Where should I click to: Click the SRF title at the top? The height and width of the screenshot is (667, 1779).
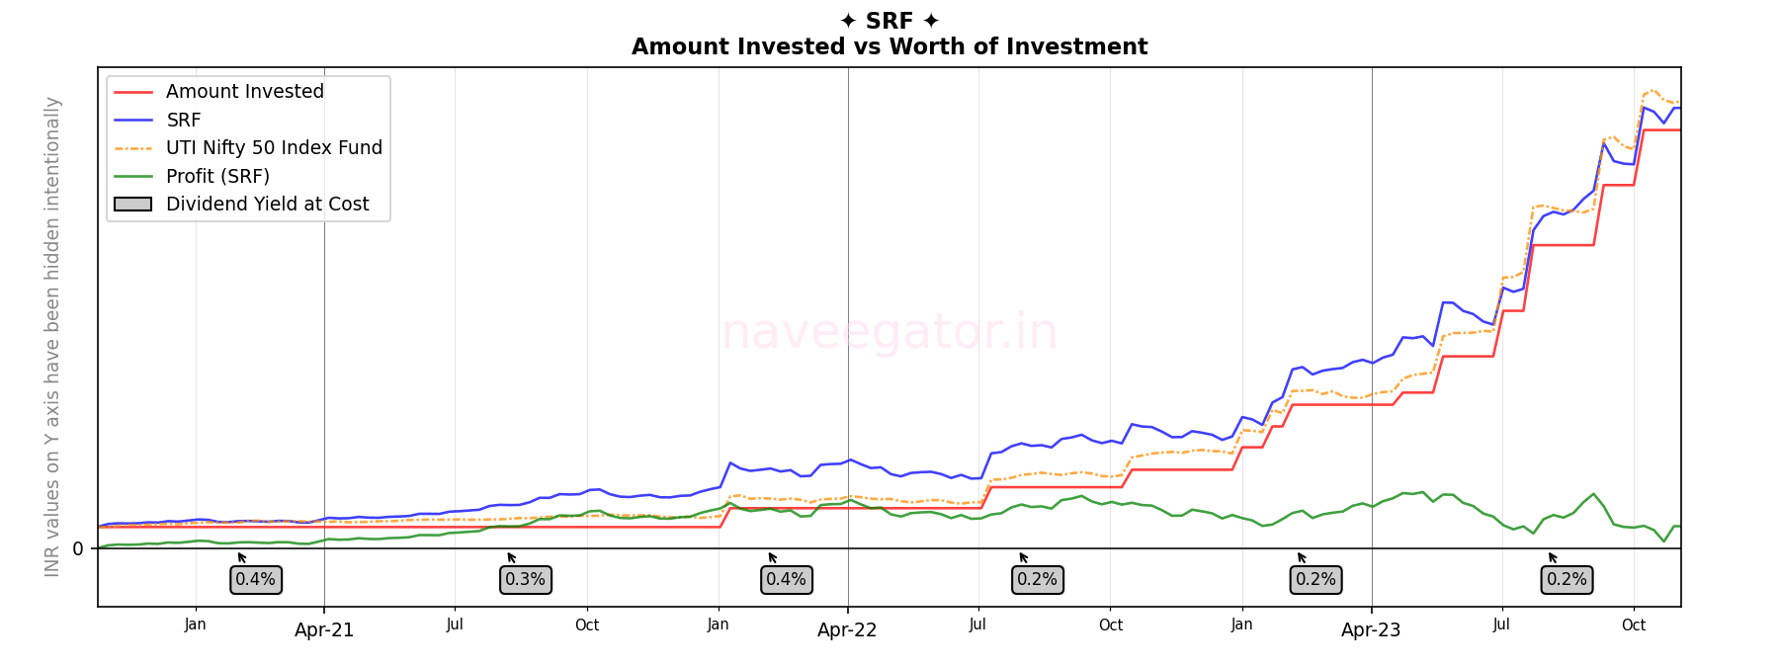click(889, 21)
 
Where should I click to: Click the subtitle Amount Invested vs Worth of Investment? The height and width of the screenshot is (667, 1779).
click(889, 46)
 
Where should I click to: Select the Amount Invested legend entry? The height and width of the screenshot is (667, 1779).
click(244, 92)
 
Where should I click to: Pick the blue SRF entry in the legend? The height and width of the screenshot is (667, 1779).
click(184, 120)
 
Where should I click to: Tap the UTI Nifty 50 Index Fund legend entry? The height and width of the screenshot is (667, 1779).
click(274, 148)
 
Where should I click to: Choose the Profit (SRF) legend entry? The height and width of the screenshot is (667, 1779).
click(217, 176)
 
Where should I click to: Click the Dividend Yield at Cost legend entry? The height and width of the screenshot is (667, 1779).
click(267, 205)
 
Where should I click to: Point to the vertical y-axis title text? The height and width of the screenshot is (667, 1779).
click(52, 336)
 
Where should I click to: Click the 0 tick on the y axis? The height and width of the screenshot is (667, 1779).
click(78, 549)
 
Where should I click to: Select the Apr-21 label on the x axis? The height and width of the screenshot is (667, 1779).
click(324, 630)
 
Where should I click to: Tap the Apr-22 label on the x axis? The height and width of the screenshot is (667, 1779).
click(847, 630)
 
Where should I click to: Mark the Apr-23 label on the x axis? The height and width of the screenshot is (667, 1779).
click(1371, 630)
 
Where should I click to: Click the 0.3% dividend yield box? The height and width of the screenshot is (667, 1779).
click(525, 580)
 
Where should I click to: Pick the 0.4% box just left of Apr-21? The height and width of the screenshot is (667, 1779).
click(256, 580)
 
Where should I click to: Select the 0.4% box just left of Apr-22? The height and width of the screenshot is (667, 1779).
click(787, 580)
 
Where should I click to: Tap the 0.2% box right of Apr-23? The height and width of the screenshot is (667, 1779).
click(1567, 580)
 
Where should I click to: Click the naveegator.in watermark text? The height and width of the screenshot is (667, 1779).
click(889, 332)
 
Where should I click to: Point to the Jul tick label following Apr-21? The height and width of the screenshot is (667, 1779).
click(455, 625)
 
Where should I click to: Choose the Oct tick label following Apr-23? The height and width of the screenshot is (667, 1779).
click(1634, 625)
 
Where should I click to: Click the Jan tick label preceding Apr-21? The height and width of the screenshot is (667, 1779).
click(196, 625)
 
